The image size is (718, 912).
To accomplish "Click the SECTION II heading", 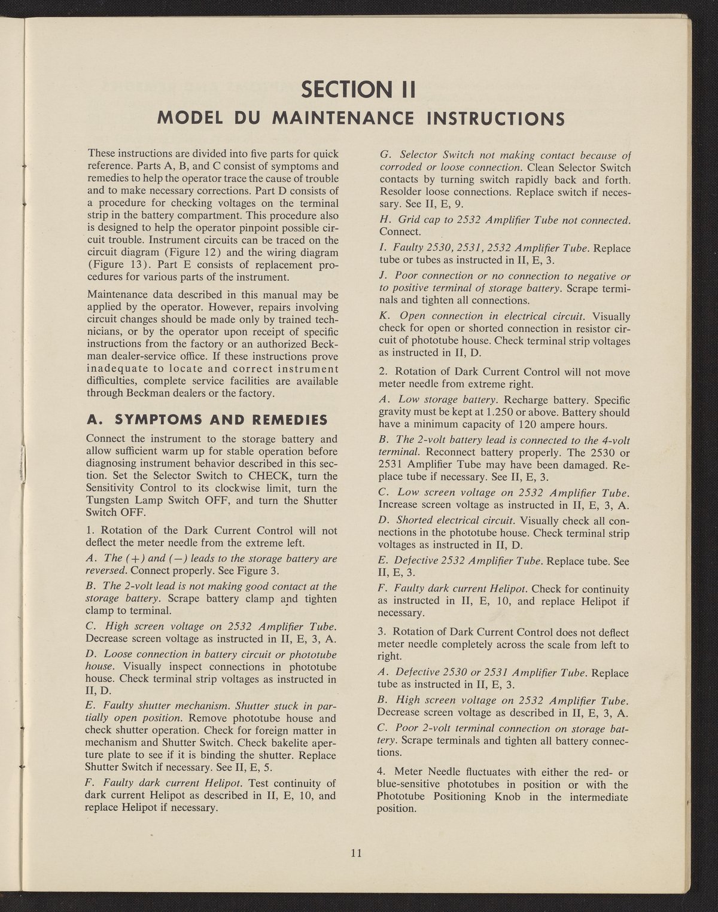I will (x=358, y=90).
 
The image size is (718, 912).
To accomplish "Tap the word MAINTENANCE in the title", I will (x=343, y=117).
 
